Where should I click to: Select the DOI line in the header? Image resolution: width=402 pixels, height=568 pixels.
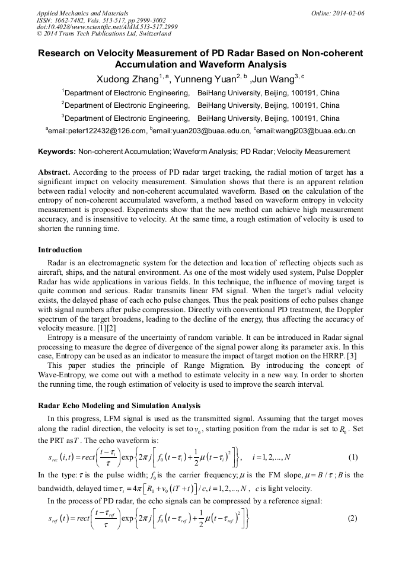pos(107,27)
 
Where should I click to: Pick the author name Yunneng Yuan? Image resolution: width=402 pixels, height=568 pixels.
pos(203,79)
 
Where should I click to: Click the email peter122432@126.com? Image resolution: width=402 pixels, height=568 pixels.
pos(97,131)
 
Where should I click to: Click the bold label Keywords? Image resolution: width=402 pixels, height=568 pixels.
pos(57,152)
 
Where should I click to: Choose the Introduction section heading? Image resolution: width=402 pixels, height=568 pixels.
pos(60,249)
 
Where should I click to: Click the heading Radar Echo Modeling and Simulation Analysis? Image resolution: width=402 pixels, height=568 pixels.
pos(119,406)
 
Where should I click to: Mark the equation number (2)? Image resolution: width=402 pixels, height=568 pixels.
pos(353,518)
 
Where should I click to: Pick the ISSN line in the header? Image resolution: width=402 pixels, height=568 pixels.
pos(101,20)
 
